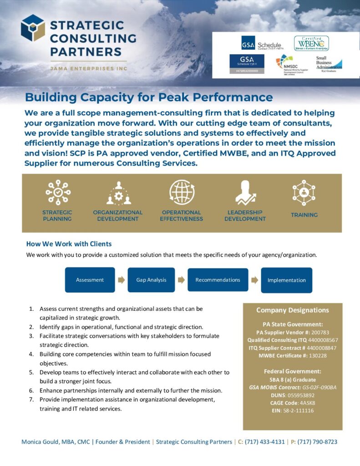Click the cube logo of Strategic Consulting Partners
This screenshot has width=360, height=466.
coord(33,28)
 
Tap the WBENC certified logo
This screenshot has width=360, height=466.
coord(311,43)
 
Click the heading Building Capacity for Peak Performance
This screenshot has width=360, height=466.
coord(149,97)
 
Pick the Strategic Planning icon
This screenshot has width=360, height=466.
coord(57,192)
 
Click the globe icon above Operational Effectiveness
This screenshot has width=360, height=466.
coord(182,192)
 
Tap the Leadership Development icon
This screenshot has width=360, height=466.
coord(245,192)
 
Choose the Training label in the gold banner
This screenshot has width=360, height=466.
coord(304,215)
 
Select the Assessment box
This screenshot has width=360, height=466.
coord(90,280)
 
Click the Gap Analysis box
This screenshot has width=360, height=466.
coord(152,280)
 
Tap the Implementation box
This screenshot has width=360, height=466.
coord(286,280)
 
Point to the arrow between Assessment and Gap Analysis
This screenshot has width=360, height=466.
coord(121,280)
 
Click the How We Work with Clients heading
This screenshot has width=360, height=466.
coord(69,244)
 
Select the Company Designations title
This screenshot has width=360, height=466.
coord(292,310)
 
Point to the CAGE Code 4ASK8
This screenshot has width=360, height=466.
coord(306,403)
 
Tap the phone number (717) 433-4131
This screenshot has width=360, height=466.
coord(264,442)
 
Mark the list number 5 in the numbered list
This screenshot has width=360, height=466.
coord(31,372)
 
